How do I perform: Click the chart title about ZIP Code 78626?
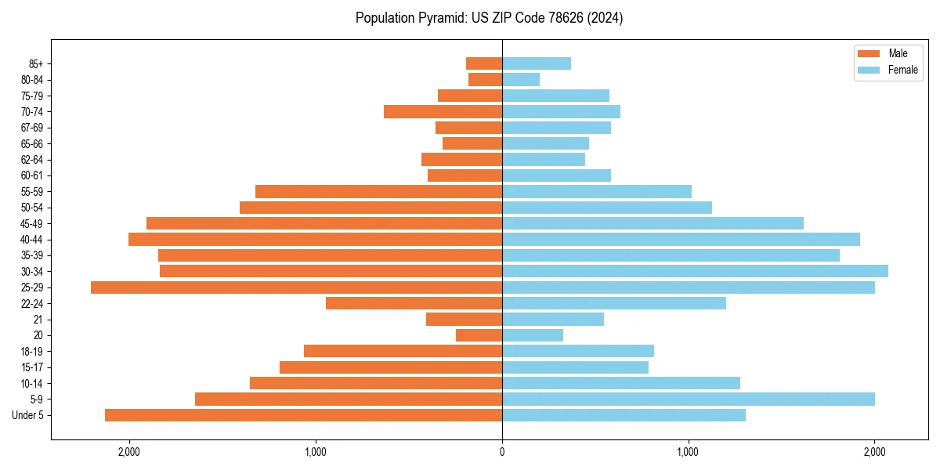(x=489, y=18)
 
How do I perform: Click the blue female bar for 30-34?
(x=695, y=271)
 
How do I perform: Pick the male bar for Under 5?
(x=303, y=415)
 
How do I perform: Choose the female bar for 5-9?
(x=689, y=399)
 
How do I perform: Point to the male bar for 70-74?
(x=443, y=111)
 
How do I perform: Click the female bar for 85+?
(x=537, y=63)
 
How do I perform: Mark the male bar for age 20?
(x=479, y=335)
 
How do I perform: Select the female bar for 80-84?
(x=521, y=79)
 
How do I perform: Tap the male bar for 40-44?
(x=315, y=239)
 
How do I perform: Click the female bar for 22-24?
(x=614, y=303)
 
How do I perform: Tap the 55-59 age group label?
(x=32, y=191)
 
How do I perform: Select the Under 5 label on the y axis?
(x=28, y=415)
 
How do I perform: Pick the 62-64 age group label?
(x=32, y=159)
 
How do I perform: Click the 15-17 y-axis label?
(x=32, y=367)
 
